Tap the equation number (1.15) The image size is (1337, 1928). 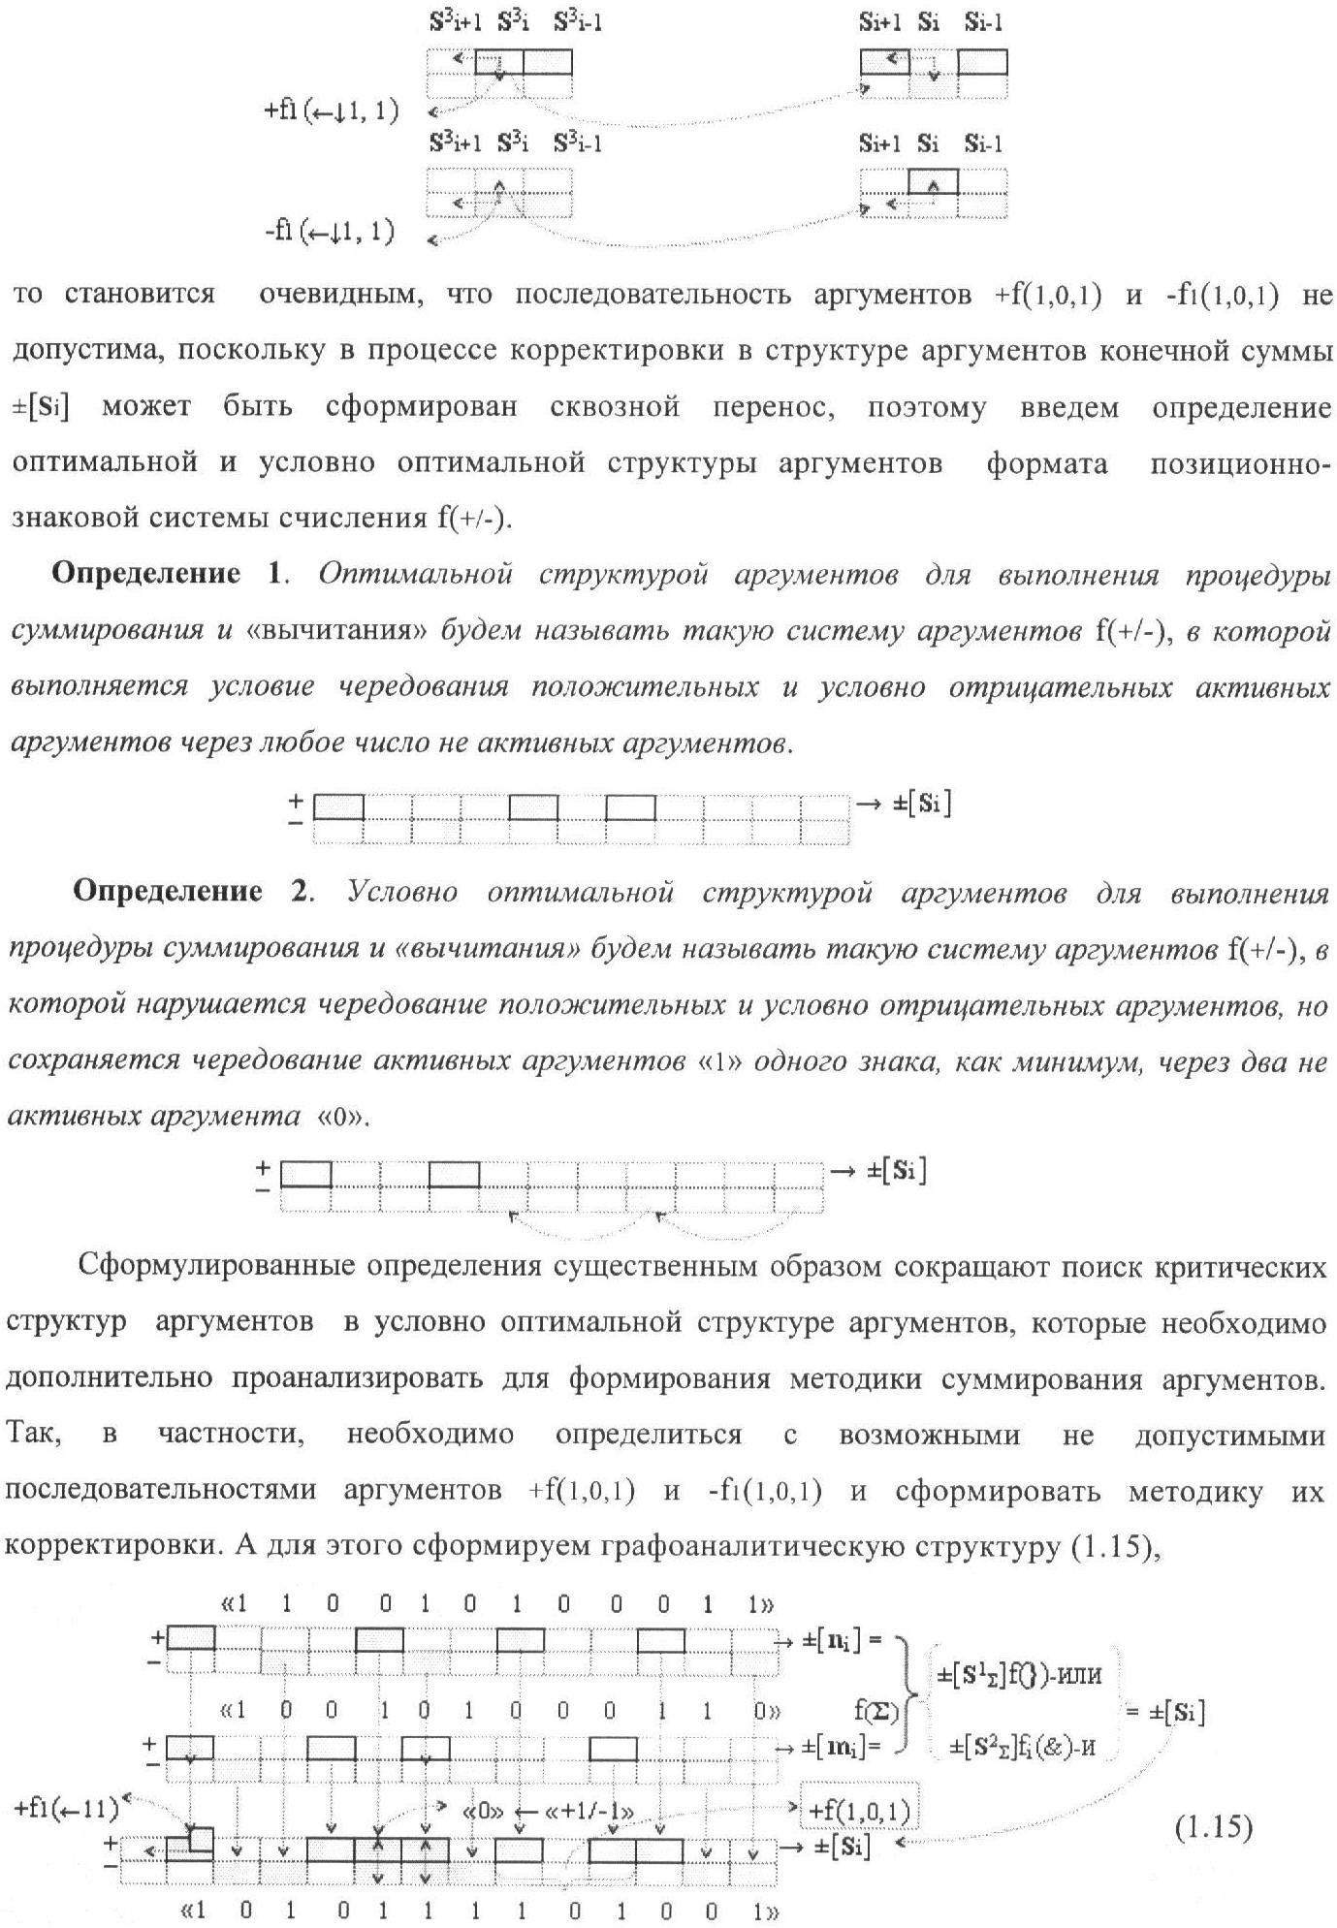tap(1214, 1828)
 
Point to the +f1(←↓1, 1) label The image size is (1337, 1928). tap(331, 111)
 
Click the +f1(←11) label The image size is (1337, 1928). tap(66, 1809)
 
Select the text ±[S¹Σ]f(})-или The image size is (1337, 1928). tap(1019, 1674)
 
